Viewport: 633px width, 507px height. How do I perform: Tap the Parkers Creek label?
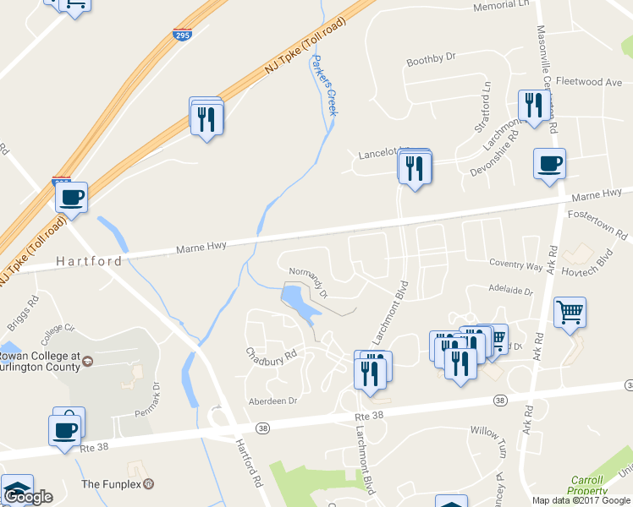click(324, 85)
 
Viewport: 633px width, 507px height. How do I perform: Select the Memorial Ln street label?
click(500, 5)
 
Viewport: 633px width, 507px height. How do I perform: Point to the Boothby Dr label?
click(431, 58)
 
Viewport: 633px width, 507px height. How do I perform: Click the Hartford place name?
click(89, 261)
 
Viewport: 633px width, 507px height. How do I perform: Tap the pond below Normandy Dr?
click(300, 303)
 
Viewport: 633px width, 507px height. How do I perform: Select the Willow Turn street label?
click(487, 432)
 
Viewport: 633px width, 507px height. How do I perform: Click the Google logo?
click(28, 497)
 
